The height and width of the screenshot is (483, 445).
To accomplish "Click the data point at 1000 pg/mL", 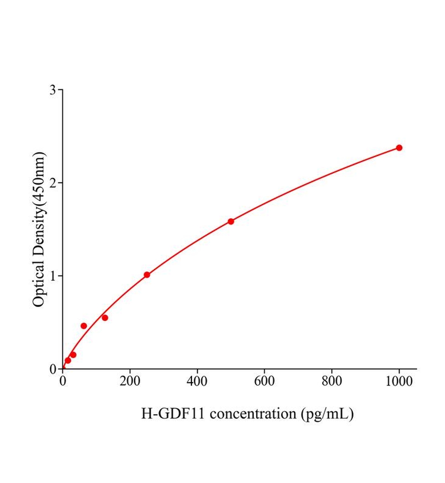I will click(399, 148).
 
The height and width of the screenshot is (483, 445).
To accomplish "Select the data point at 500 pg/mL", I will click(231, 221).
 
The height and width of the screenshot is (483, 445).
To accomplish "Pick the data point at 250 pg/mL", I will click(147, 275).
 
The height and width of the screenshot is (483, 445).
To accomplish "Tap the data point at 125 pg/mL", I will click(105, 318).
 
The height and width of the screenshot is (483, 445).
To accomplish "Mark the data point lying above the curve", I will click(84, 326).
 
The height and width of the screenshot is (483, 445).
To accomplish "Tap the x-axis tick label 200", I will click(130, 381).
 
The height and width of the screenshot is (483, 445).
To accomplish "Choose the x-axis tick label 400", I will click(197, 381).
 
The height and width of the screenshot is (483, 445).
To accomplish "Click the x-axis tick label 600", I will click(264, 381).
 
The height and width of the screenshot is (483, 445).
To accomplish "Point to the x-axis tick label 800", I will click(332, 381).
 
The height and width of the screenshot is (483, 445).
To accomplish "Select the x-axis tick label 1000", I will click(399, 381).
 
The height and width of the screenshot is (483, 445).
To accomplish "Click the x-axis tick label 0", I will click(63, 381).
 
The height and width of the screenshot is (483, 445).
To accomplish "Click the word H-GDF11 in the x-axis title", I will click(173, 413).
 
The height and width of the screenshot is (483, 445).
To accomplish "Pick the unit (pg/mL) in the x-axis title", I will click(327, 414).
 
